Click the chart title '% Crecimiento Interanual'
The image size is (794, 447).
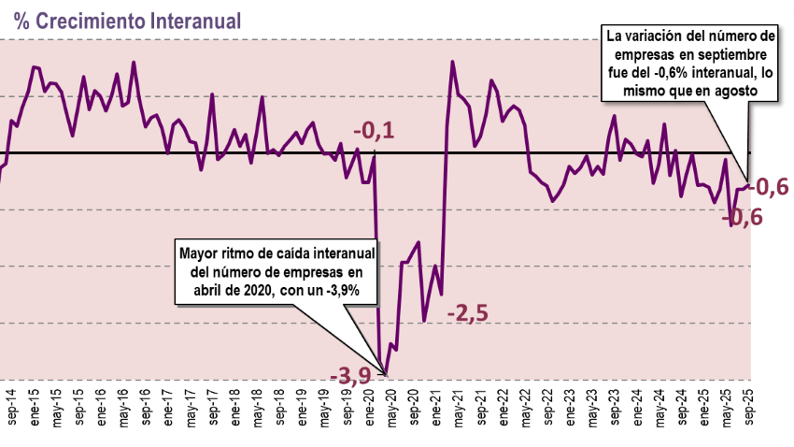pos(126,20)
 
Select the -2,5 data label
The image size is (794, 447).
pos(468,312)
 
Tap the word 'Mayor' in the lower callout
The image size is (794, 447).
pos(201,252)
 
